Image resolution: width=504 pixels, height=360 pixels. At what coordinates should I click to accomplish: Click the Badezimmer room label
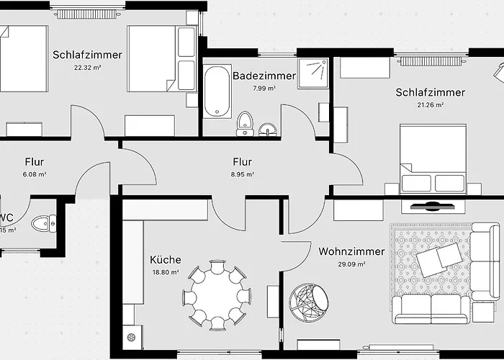click(x=264, y=76)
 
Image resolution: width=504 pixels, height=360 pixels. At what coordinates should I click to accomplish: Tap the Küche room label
click(x=166, y=260)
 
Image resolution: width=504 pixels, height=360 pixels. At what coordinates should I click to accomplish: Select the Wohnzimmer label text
click(x=341, y=252)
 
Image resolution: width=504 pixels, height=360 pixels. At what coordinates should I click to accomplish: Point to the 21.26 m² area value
click(x=430, y=105)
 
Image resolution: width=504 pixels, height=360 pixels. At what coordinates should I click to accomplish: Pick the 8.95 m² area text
click(x=241, y=174)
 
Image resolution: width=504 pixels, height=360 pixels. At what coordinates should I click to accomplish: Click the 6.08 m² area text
click(x=34, y=174)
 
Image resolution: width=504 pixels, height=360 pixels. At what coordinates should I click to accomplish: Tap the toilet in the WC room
click(x=48, y=222)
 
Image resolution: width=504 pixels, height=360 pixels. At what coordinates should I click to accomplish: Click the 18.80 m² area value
click(x=165, y=273)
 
